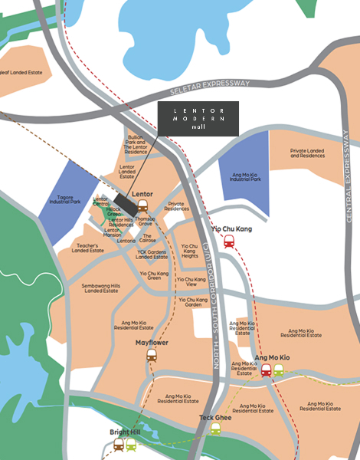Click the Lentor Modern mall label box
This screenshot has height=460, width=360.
198,120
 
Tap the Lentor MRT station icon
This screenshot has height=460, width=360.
143,205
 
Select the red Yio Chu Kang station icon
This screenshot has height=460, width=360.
229,241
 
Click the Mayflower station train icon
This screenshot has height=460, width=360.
152,355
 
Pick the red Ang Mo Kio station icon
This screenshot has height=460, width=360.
266,370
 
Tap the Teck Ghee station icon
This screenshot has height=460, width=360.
216,429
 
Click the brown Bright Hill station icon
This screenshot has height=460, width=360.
119,445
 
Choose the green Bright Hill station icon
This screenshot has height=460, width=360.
131,445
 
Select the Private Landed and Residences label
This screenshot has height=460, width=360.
309,153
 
